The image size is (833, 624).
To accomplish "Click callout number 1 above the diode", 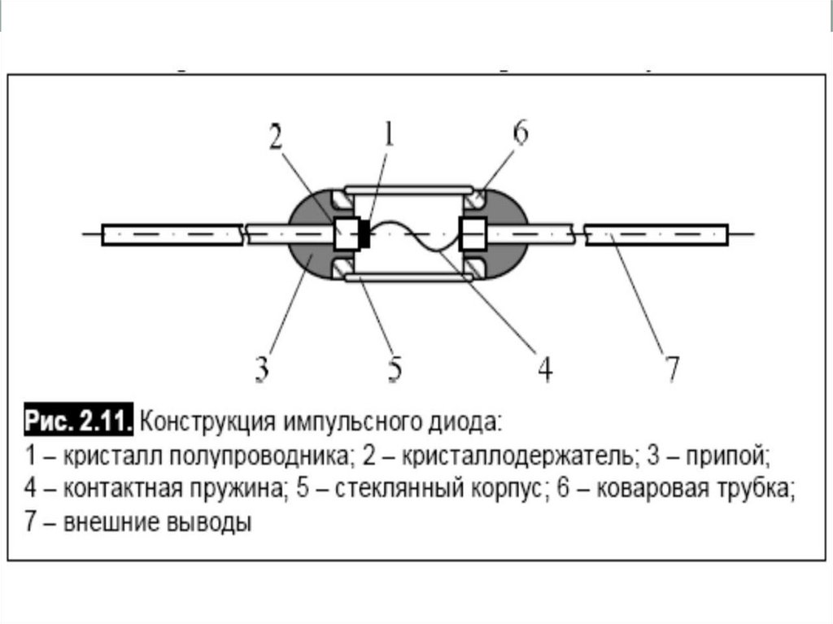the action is pyautogui.click(x=388, y=133).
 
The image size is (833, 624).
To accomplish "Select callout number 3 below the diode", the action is pyautogui.click(x=260, y=369).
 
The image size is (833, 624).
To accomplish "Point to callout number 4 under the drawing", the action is pyautogui.click(x=544, y=369).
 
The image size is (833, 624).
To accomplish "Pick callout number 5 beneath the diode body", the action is pyautogui.click(x=394, y=369).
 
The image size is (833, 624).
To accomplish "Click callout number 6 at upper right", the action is pyautogui.click(x=521, y=133).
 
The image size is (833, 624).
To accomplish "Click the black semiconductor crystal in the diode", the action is pyautogui.click(x=365, y=234).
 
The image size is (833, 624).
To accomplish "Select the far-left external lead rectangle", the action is pyautogui.click(x=172, y=234).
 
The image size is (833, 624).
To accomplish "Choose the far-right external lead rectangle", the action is pyautogui.click(x=656, y=234).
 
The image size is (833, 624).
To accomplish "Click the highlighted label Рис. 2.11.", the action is pyautogui.click(x=77, y=423).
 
